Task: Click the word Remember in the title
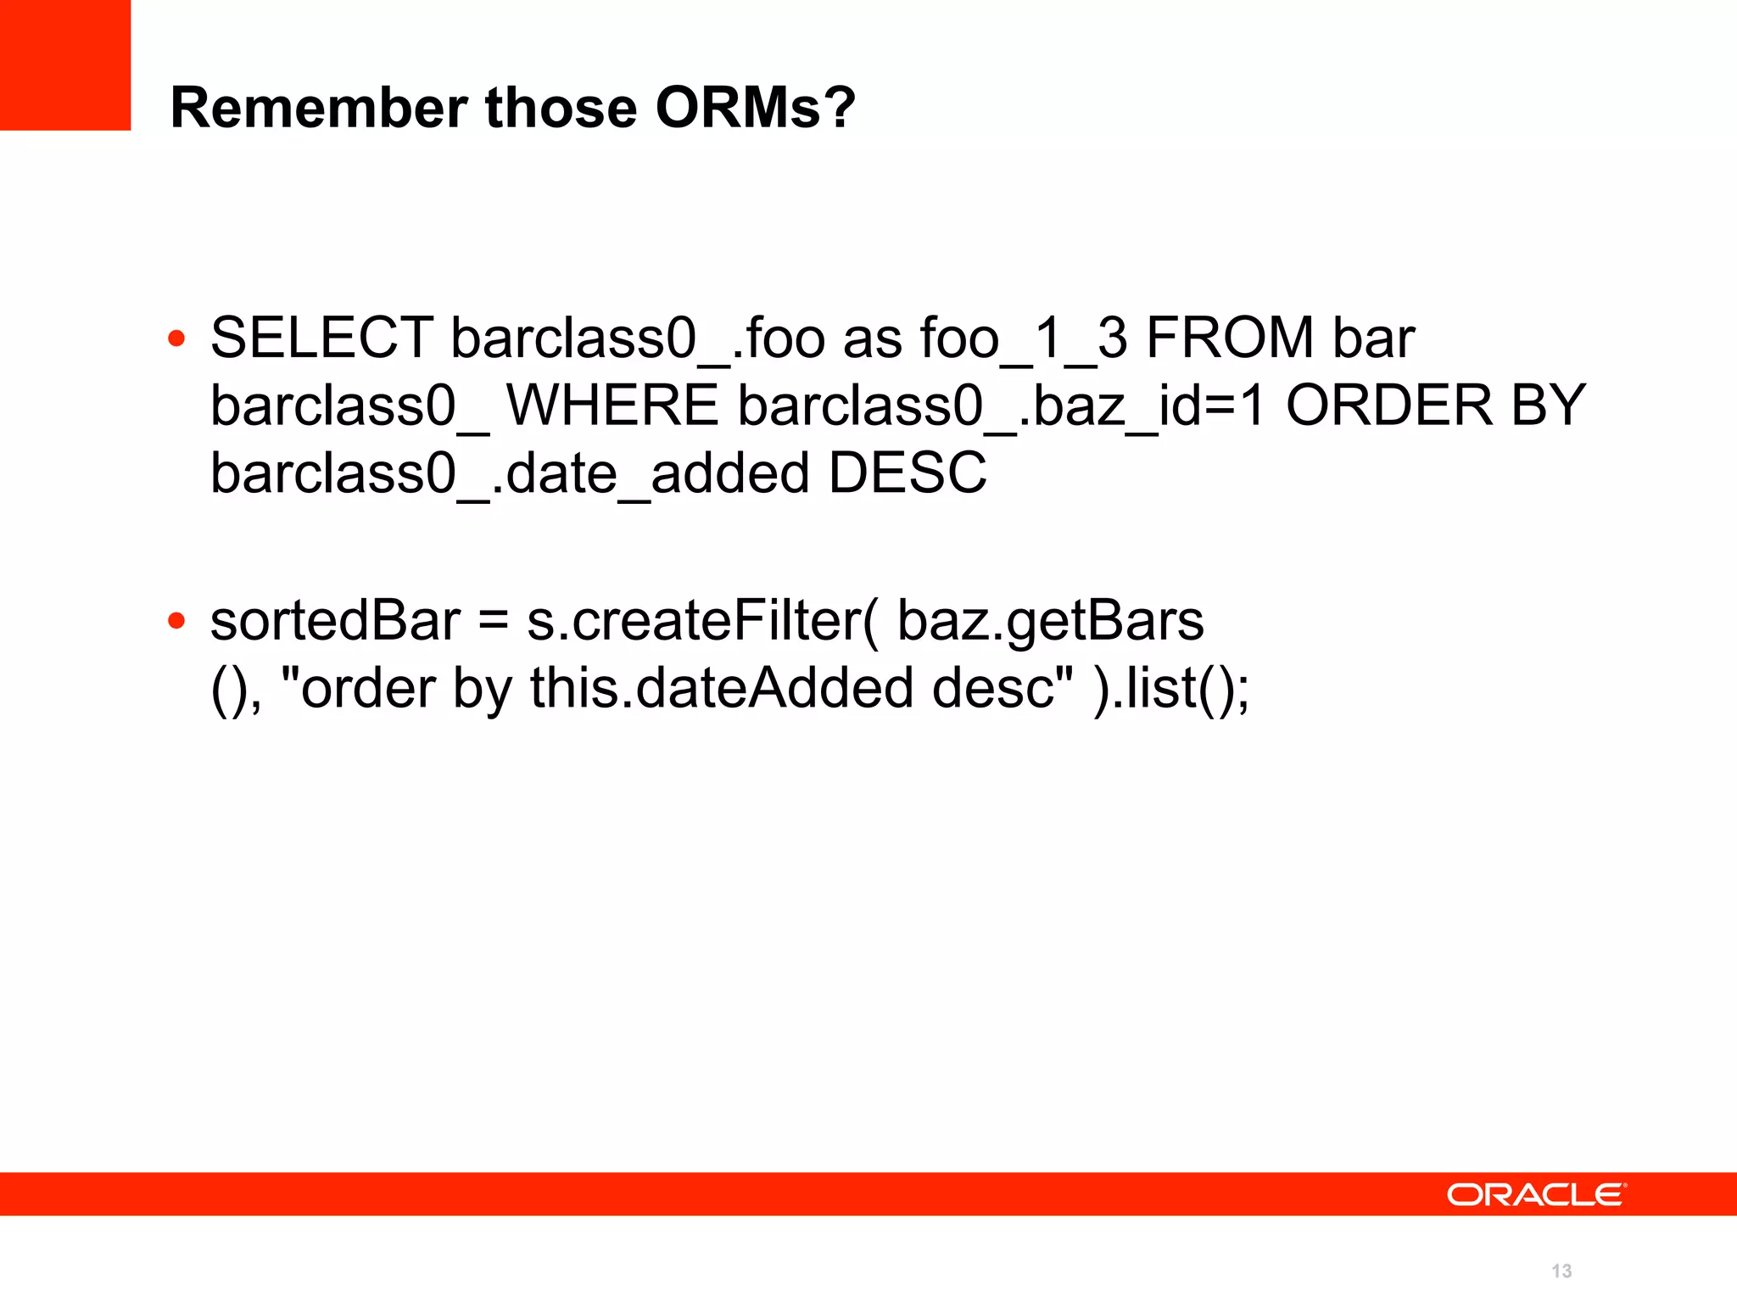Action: (x=319, y=108)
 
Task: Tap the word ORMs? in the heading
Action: (x=755, y=108)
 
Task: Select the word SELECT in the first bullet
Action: (x=321, y=338)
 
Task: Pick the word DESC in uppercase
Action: (x=908, y=473)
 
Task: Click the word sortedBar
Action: (x=336, y=620)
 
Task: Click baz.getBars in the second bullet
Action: (x=1050, y=620)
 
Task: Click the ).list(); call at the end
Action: (x=1170, y=688)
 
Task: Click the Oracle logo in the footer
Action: (x=1536, y=1194)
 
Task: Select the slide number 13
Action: (x=1561, y=1271)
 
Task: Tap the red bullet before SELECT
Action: (x=176, y=339)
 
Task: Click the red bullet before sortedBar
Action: (x=176, y=621)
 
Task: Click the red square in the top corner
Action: (x=65, y=65)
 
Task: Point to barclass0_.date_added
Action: (x=509, y=473)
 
